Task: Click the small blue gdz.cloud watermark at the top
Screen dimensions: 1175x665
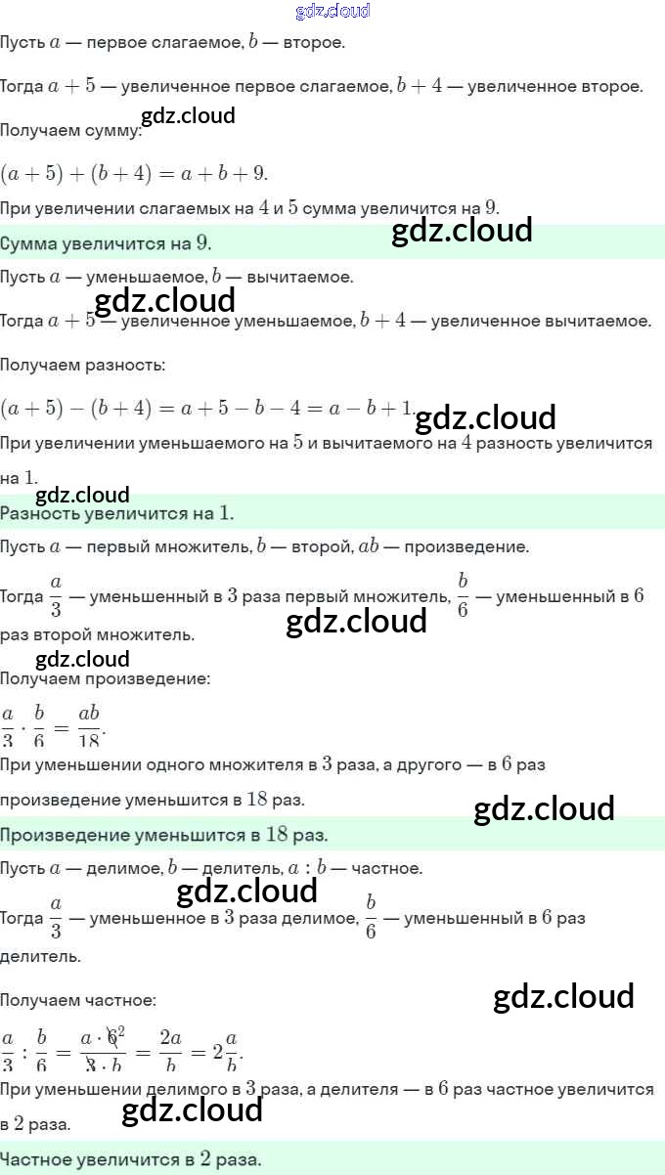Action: click(x=332, y=12)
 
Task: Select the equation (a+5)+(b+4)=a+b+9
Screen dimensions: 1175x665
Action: click(x=134, y=173)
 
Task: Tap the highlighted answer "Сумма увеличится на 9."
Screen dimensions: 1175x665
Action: click(x=106, y=242)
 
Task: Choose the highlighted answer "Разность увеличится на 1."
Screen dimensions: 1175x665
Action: click(x=117, y=512)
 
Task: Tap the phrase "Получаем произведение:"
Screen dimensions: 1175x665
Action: click(x=105, y=677)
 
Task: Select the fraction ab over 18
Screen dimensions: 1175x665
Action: click(x=89, y=723)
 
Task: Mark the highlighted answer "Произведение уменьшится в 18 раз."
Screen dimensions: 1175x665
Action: click(x=164, y=835)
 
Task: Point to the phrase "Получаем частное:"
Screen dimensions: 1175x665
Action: click(x=77, y=999)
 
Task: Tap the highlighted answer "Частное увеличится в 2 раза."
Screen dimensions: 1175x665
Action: click(x=131, y=1160)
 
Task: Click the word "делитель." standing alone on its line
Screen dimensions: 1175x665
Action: click(x=40, y=956)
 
